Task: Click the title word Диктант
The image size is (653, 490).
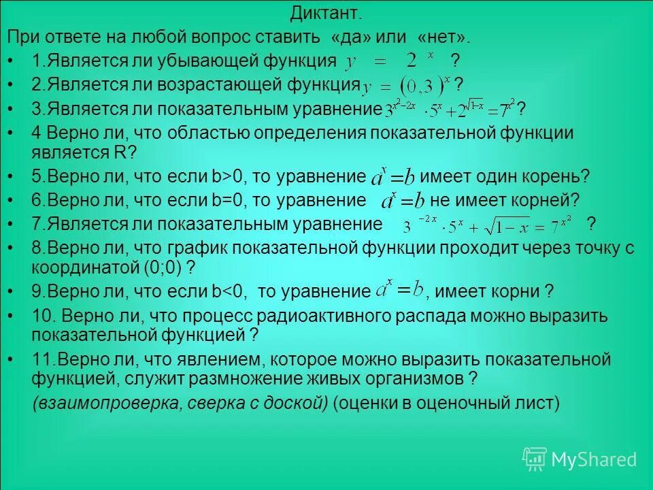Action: (326, 13)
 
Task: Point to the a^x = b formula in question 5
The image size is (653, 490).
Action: (392, 178)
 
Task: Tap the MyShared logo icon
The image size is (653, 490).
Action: (534, 459)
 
